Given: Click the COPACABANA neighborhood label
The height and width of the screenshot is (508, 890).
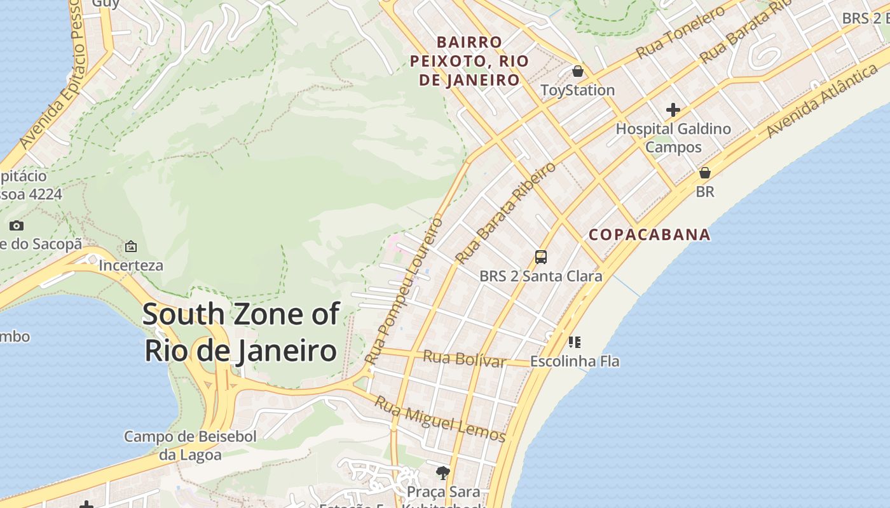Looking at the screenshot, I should pyautogui.click(x=649, y=234).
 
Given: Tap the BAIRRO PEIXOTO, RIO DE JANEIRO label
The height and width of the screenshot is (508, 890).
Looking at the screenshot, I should pyautogui.click(x=469, y=61).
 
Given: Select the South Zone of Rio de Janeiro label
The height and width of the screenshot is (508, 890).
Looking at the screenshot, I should pyautogui.click(x=241, y=333).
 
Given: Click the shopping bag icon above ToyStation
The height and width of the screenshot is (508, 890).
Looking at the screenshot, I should pyautogui.click(x=578, y=71).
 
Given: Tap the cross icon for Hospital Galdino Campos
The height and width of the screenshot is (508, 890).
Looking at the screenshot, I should pyautogui.click(x=673, y=110).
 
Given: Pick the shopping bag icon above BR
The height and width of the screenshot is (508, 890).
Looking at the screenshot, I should pyautogui.click(x=704, y=173).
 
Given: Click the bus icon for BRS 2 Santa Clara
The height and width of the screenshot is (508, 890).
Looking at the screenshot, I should pyautogui.click(x=541, y=257).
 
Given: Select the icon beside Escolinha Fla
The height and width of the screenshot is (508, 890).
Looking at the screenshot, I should pyautogui.click(x=575, y=343).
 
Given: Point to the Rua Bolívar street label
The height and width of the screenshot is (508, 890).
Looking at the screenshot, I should pyautogui.click(x=464, y=358).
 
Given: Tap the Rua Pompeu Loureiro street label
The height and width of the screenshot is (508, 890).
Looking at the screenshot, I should pyautogui.click(x=404, y=291).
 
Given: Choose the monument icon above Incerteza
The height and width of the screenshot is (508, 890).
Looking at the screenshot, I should pyautogui.click(x=131, y=246).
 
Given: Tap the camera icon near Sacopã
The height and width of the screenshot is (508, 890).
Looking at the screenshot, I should pyautogui.click(x=17, y=225).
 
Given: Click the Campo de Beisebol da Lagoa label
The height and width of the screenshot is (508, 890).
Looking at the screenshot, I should pyautogui.click(x=190, y=446).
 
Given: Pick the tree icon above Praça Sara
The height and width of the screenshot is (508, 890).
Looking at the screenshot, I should pyautogui.click(x=443, y=472).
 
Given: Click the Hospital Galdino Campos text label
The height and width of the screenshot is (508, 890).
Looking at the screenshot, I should pyautogui.click(x=673, y=138).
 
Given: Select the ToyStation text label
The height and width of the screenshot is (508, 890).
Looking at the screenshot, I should pyautogui.click(x=577, y=90).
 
